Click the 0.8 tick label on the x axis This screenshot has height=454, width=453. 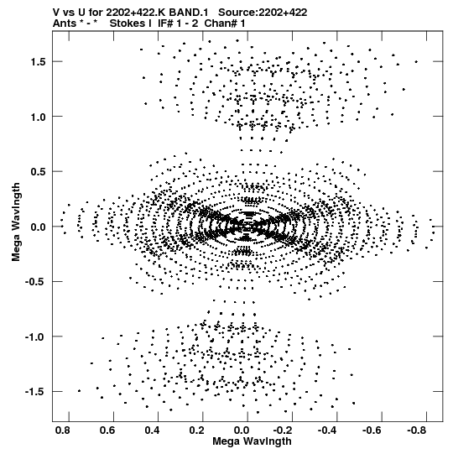(62, 431)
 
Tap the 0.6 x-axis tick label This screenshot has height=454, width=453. (107, 431)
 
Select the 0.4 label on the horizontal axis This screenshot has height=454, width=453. (152, 431)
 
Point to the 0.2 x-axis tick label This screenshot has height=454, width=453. (197, 431)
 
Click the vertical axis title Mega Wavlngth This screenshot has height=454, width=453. (16, 222)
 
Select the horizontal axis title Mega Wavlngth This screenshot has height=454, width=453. (252, 441)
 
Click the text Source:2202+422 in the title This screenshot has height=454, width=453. (263, 13)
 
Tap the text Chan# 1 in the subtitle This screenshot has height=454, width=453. (225, 23)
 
